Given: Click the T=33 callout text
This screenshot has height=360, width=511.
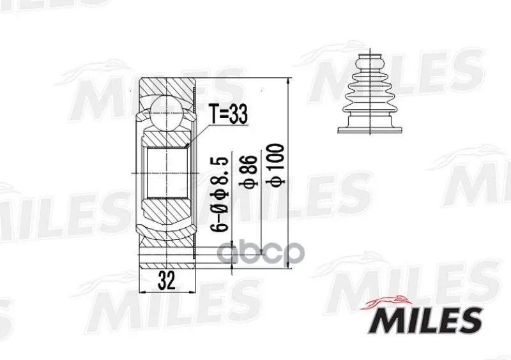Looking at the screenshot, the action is pyautogui.click(x=228, y=114).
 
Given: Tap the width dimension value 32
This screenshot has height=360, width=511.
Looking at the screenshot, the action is pyautogui.click(x=167, y=280).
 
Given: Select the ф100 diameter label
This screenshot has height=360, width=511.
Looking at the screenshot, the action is pyautogui.click(x=277, y=165).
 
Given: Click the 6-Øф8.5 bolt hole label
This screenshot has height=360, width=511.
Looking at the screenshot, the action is pyautogui.click(x=219, y=195).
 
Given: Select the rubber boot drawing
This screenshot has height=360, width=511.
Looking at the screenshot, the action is pyautogui.click(x=370, y=92).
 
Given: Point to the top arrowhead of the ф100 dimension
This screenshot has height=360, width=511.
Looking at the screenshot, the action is pyautogui.click(x=289, y=82).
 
